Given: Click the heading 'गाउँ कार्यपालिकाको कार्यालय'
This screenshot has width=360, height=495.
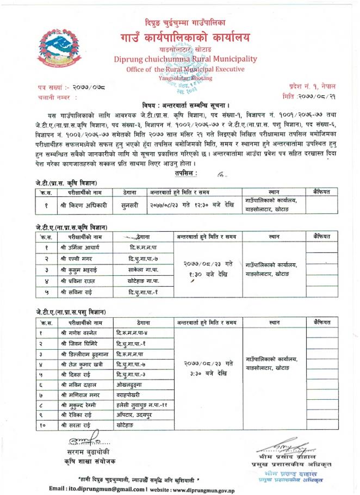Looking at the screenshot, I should pos(187,38).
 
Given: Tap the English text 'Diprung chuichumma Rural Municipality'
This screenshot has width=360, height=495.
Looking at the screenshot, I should pos(187,60).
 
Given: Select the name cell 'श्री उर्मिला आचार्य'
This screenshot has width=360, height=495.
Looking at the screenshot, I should pos(80,247).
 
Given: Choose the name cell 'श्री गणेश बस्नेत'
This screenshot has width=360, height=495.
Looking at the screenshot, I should pos(79,332).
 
